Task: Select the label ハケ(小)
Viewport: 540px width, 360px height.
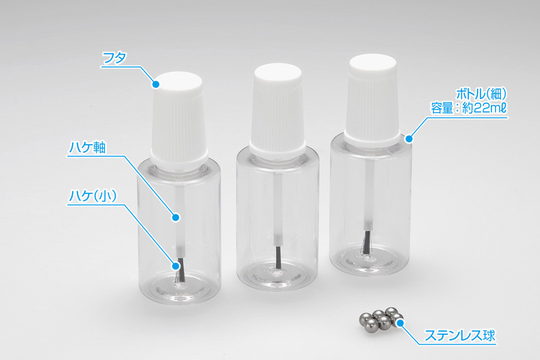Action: [93, 196]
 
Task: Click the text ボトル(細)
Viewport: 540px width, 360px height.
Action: [481, 94]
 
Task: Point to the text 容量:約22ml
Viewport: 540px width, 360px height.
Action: [469, 108]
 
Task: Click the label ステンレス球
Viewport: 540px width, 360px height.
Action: [460, 335]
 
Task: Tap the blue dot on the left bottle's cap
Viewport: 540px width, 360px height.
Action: [156, 84]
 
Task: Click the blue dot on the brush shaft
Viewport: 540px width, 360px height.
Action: [176, 217]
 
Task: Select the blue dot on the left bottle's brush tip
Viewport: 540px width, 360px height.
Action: [176, 266]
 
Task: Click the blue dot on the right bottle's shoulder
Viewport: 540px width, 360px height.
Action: [409, 139]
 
